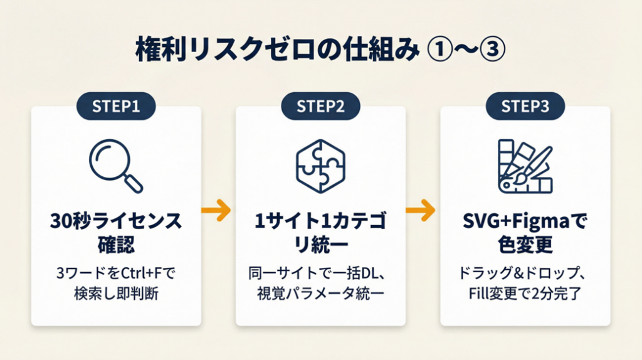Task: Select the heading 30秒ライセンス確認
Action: [x=116, y=232]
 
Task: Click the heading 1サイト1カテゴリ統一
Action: [x=320, y=232]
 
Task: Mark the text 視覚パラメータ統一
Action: [x=320, y=293]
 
